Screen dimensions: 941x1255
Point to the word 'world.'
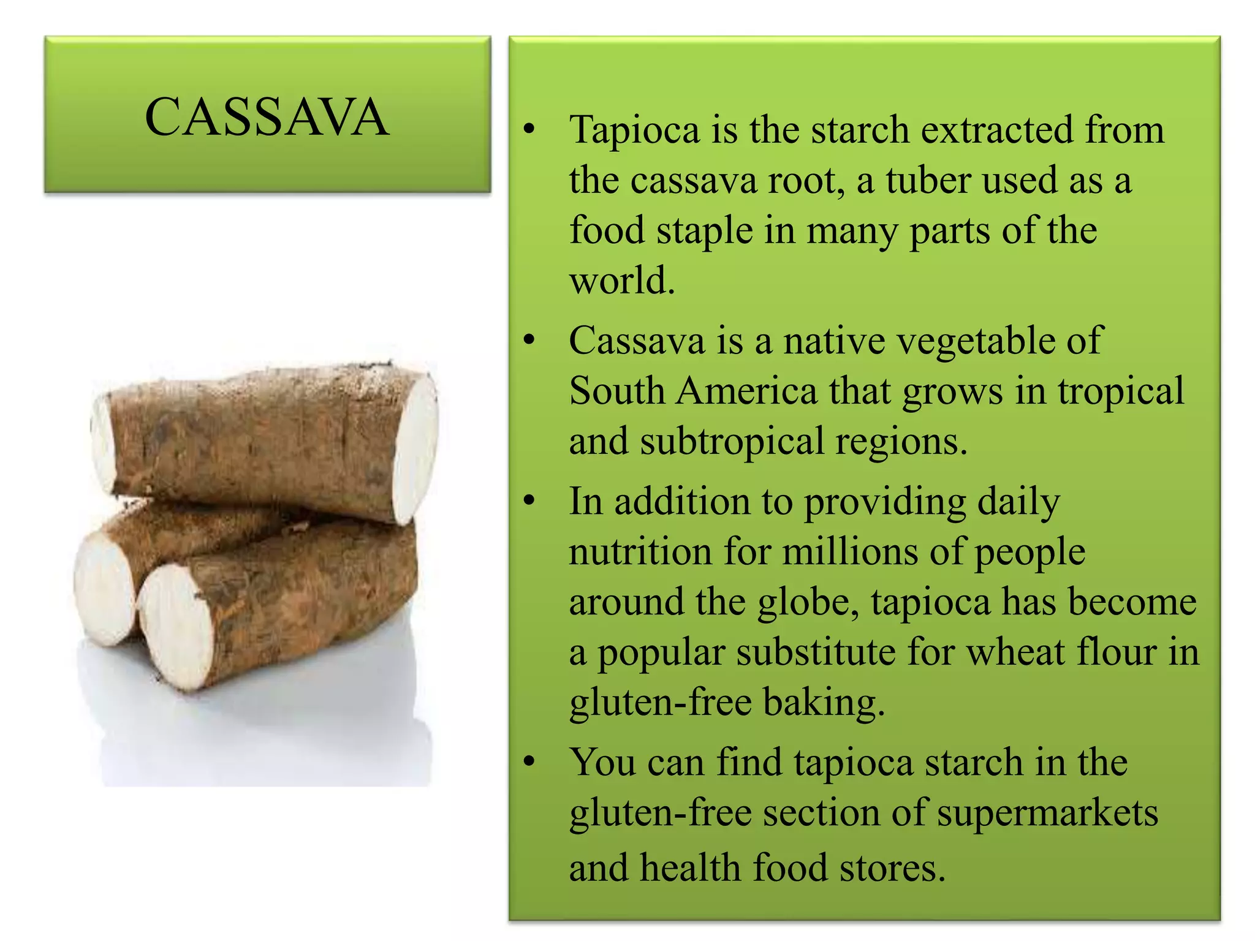click(622, 281)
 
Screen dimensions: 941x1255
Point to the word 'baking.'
click(824, 702)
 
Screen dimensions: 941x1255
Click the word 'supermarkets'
click(1047, 814)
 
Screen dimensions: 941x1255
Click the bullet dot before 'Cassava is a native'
click(529, 341)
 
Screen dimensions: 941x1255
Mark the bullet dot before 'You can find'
click(529, 762)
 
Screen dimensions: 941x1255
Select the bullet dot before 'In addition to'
click(529, 501)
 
